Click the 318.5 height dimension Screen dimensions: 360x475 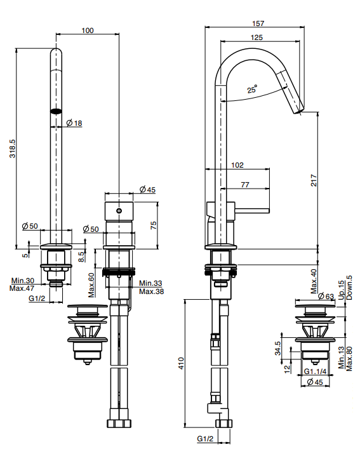(x=13, y=149)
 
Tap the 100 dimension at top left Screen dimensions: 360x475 (x=88, y=30)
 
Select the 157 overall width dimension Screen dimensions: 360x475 (x=258, y=23)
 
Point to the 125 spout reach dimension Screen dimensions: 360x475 (x=257, y=37)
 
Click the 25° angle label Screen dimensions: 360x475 (x=252, y=90)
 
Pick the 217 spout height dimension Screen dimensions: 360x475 (x=314, y=180)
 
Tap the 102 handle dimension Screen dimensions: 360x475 (x=237, y=165)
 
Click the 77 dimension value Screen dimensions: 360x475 (x=245, y=185)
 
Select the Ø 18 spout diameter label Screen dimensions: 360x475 (x=74, y=123)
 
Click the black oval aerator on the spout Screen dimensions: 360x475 (x=56, y=111)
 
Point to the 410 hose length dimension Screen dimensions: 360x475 (x=181, y=363)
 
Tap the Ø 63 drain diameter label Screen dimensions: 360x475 (x=326, y=296)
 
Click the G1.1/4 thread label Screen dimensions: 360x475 (x=315, y=371)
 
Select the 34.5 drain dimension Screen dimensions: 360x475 (x=277, y=349)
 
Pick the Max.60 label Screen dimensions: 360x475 (x=91, y=285)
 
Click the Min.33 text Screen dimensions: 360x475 (x=150, y=283)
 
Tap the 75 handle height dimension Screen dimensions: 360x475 (x=154, y=225)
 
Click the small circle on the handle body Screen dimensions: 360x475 (x=119, y=211)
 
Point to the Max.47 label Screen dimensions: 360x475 (x=22, y=288)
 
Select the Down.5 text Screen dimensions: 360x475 (x=349, y=288)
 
